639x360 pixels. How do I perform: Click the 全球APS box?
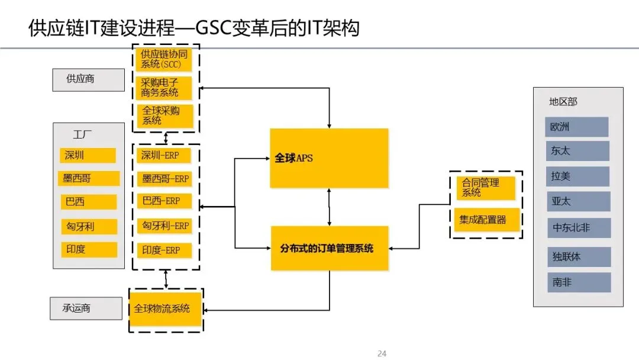(329, 159)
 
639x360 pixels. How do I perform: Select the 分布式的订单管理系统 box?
(329, 249)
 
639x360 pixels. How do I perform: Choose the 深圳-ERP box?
(165, 156)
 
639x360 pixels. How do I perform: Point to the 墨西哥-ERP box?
(165, 179)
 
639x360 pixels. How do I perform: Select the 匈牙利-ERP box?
(165, 226)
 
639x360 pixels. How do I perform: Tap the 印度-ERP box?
(165, 250)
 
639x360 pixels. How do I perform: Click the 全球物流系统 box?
(166, 308)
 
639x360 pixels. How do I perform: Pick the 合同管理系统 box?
(485, 188)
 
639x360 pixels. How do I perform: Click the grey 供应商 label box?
(88, 79)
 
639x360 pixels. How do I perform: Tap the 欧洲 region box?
(577, 127)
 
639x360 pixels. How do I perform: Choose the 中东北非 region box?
(577, 228)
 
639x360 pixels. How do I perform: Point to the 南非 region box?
(577, 282)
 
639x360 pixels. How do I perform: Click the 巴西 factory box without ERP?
(88, 202)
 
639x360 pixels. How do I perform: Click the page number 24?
(382, 353)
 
